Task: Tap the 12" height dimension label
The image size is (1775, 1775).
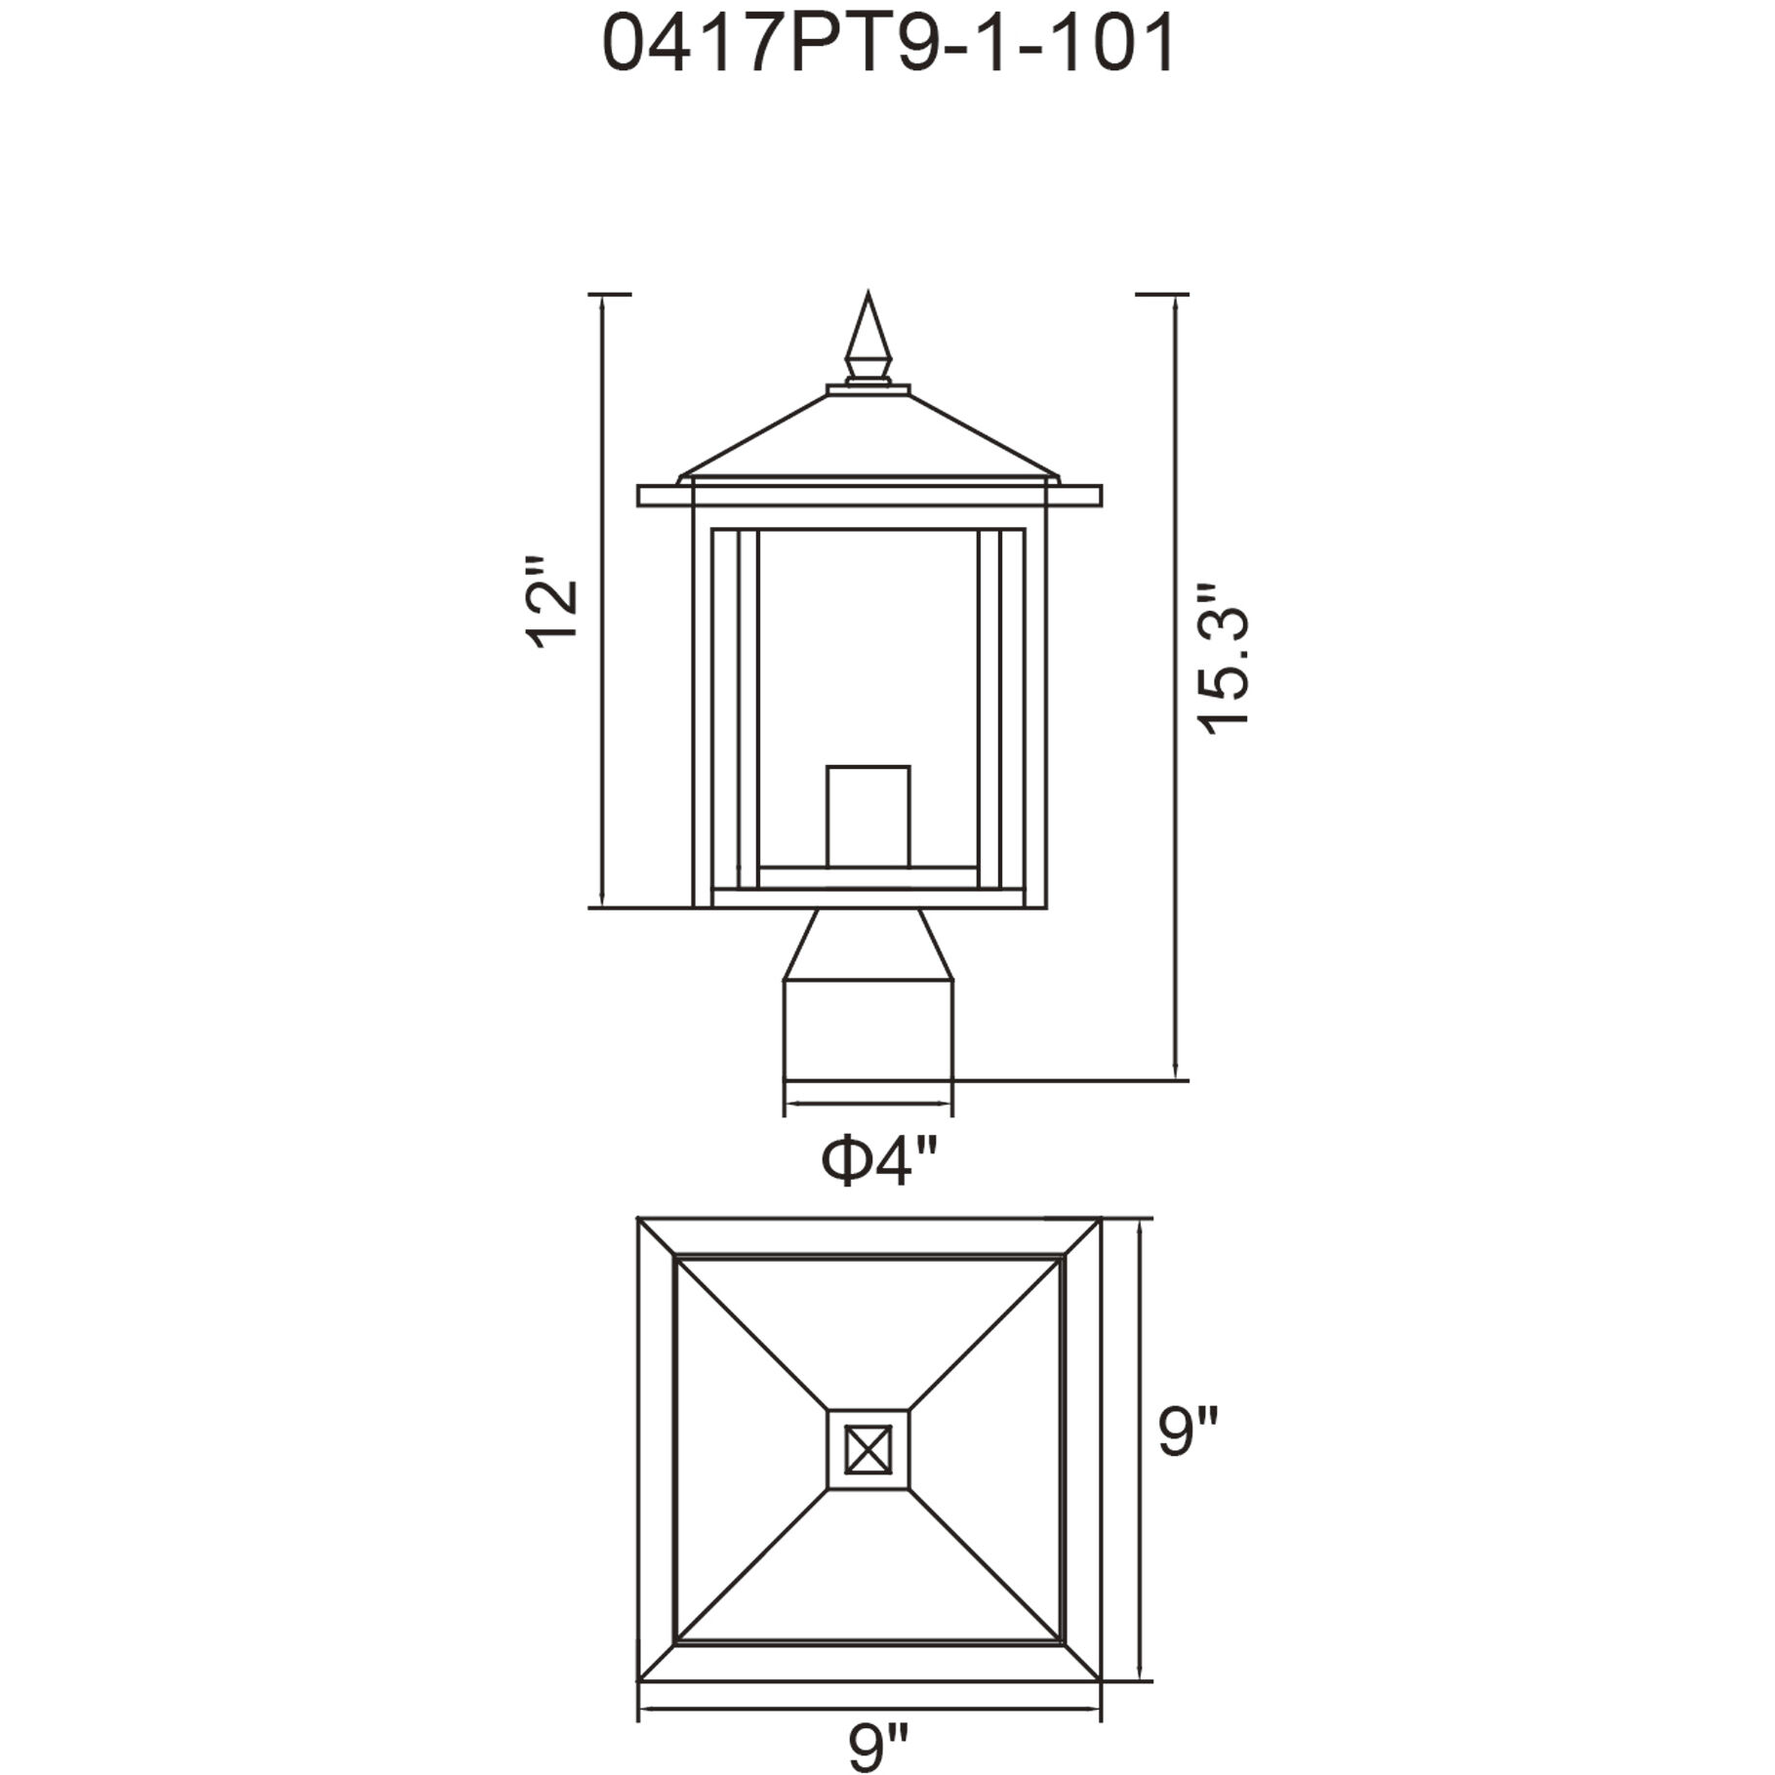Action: tap(552, 602)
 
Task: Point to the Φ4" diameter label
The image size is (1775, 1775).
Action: tap(879, 1161)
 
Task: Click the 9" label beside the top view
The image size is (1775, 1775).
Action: tap(1189, 1432)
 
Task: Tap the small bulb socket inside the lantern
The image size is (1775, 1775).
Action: tap(867, 816)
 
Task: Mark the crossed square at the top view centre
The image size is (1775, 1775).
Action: tap(867, 1449)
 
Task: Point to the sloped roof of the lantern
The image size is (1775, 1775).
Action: tap(867, 434)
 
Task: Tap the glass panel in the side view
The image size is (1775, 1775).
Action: tap(867, 644)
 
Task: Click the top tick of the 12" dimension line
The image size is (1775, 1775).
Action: tap(610, 293)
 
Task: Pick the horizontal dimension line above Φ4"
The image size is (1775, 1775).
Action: tap(867, 1104)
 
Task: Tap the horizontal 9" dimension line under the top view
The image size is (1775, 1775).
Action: tap(867, 1709)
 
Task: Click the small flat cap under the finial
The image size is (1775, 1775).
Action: tap(867, 389)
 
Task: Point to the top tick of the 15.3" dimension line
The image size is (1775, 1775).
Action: tap(1162, 293)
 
